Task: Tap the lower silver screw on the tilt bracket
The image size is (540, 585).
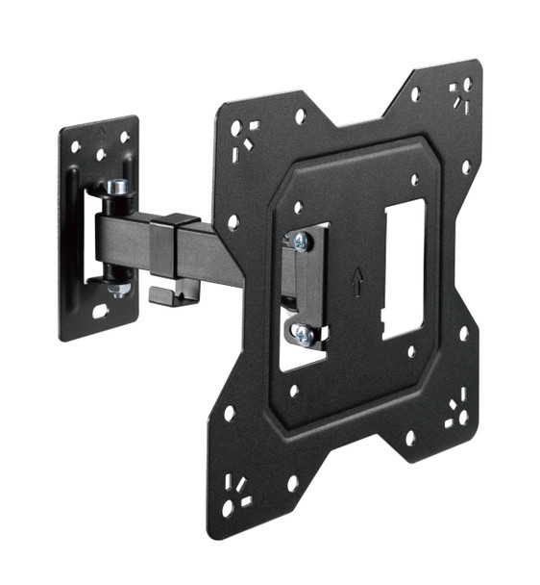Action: point(301,333)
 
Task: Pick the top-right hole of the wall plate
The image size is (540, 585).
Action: point(124,138)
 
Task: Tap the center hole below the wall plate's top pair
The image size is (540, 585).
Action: point(101,153)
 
